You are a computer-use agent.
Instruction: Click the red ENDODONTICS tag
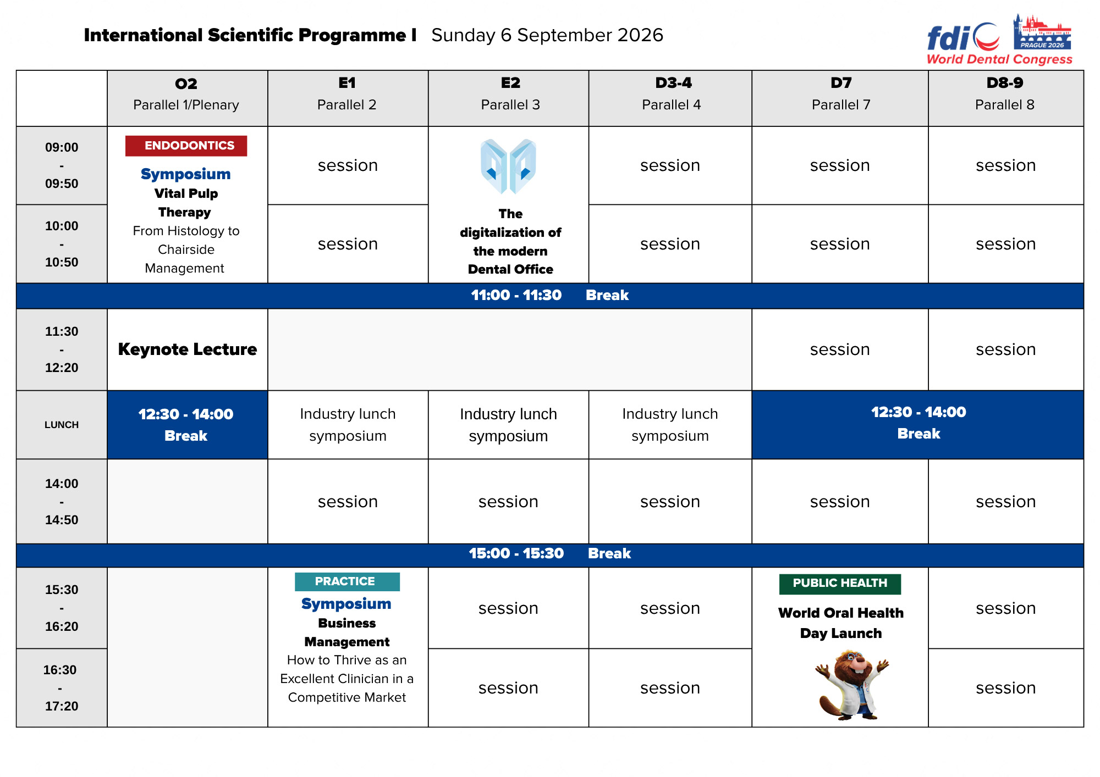[x=186, y=146]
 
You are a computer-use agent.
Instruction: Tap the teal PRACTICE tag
[x=347, y=581]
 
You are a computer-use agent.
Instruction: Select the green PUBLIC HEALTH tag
[x=840, y=584]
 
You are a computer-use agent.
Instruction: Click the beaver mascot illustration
[x=851, y=685]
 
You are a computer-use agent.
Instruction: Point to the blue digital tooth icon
[x=508, y=166]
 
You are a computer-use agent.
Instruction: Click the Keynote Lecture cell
[x=188, y=349]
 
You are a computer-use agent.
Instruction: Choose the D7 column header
[x=840, y=93]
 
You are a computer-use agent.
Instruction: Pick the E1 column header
[x=347, y=93]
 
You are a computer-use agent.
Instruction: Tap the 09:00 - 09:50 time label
[x=62, y=165]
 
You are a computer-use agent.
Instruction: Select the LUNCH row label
[x=62, y=425]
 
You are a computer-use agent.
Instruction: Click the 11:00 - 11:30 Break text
[x=549, y=296]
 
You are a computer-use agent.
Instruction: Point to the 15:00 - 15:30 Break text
[x=549, y=553]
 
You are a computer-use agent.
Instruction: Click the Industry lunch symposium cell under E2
[x=508, y=425]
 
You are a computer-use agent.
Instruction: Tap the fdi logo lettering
[x=948, y=38]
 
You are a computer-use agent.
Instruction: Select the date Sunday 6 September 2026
[x=547, y=35]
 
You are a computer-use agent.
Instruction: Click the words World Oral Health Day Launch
[x=840, y=623]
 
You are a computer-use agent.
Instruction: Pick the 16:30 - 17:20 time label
[x=61, y=688]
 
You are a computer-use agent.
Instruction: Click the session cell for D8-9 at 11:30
[x=1005, y=349]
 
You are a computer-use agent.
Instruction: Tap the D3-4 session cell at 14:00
[x=670, y=502]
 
